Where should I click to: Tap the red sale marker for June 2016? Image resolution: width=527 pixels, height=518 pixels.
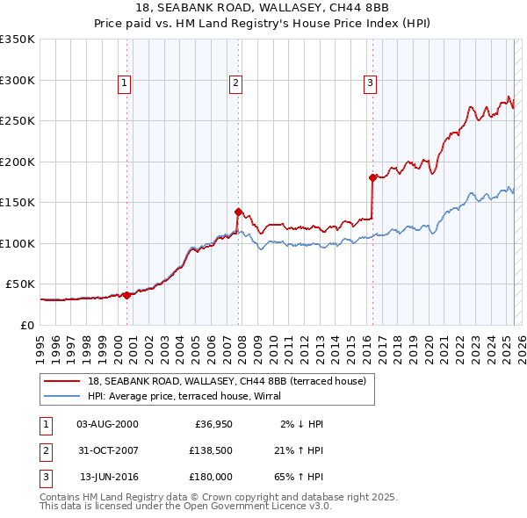coord(372,177)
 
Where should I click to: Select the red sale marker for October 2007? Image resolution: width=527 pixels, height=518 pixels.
coord(238,211)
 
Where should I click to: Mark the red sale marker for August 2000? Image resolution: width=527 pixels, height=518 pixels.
coord(126,295)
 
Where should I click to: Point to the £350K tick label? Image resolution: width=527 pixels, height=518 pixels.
coord(18,40)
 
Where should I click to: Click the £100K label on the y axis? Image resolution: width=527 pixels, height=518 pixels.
coord(18,243)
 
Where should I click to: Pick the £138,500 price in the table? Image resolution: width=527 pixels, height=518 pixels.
coord(209,450)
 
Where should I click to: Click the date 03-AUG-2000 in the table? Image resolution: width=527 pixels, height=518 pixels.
coord(108,424)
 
